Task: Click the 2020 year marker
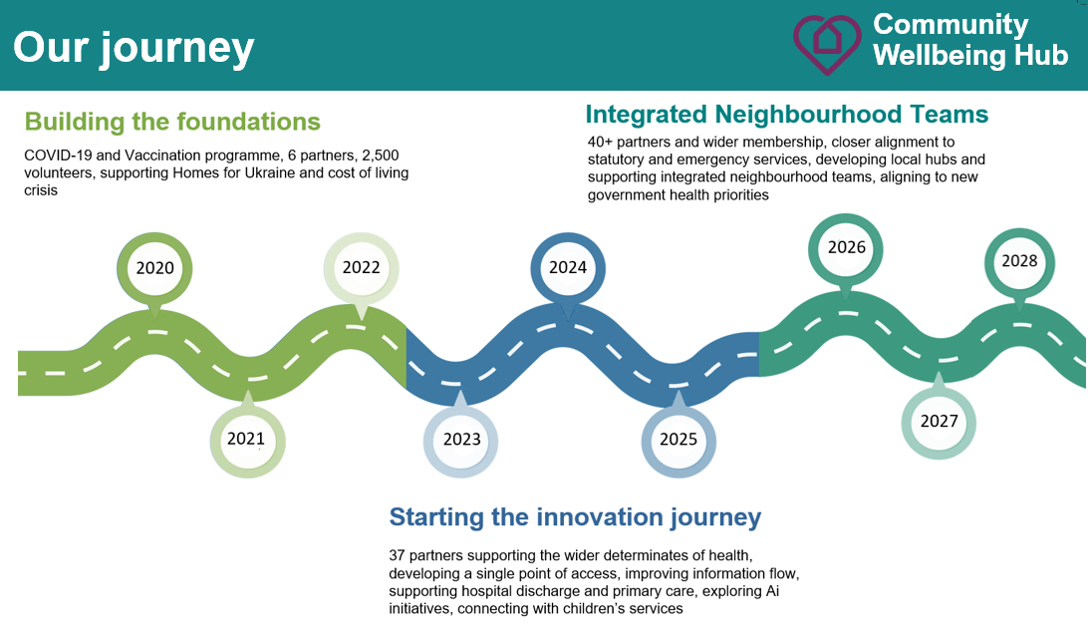click(154, 268)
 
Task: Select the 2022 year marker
click(361, 268)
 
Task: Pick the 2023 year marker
click(460, 440)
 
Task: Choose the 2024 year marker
click(568, 268)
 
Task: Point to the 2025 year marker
click(679, 440)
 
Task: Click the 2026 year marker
click(846, 248)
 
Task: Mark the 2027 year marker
click(939, 421)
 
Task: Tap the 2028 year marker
click(1019, 262)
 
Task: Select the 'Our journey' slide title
click(134, 48)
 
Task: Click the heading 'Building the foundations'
click(172, 122)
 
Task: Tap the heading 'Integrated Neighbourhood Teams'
click(787, 114)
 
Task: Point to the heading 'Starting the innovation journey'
click(575, 517)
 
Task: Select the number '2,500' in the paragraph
click(381, 156)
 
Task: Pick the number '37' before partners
click(397, 555)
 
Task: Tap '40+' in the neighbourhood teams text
click(600, 143)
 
